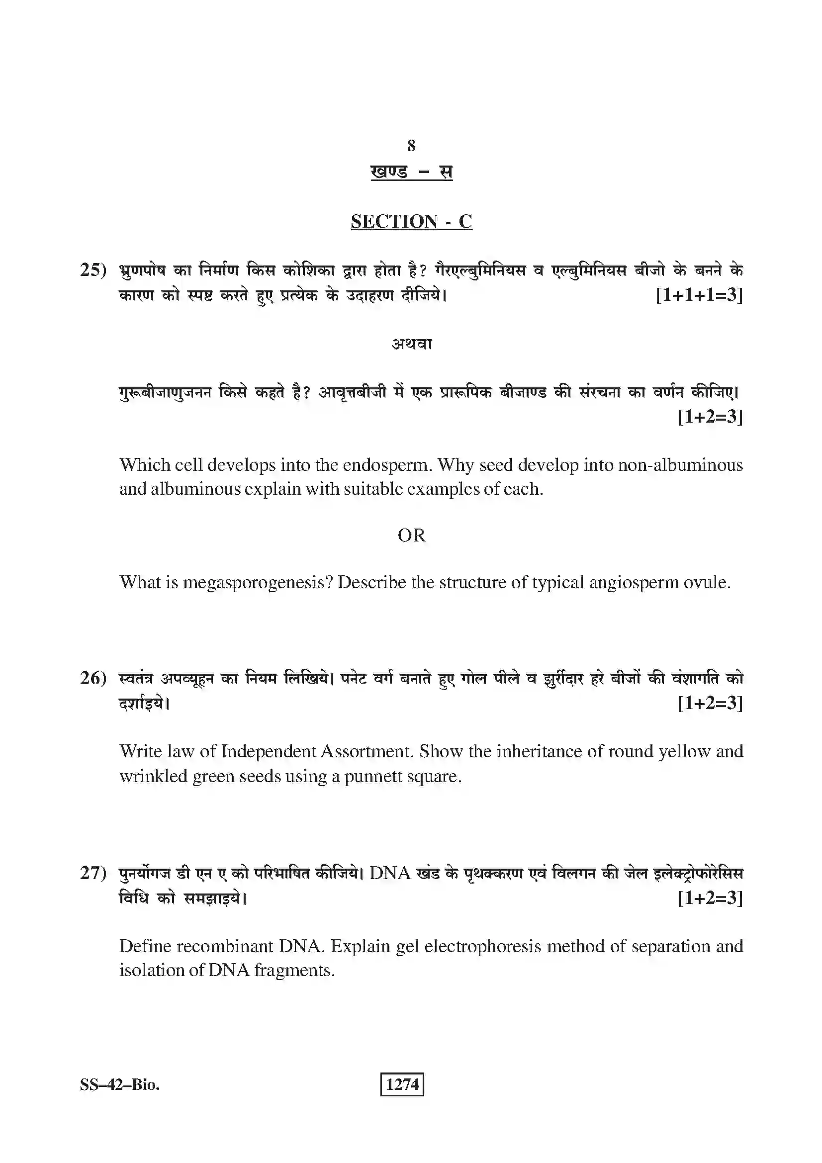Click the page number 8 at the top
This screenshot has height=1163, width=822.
[x=411, y=146]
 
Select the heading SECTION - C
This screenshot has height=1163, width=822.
[x=411, y=221]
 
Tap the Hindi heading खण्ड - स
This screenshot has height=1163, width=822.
[x=411, y=172]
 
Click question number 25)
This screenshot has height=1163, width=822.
[x=93, y=269]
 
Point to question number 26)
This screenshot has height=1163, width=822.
[x=93, y=678]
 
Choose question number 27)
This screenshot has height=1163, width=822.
[x=93, y=873]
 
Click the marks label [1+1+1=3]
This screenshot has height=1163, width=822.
[x=699, y=295]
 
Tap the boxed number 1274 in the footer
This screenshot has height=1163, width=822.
[x=402, y=1084]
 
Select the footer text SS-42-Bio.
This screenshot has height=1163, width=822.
[x=119, y=1085]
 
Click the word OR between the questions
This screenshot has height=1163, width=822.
[x=411, y=536]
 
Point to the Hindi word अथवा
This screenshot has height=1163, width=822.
[x=411, y=344]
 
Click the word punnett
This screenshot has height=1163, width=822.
[x=373, y=776]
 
